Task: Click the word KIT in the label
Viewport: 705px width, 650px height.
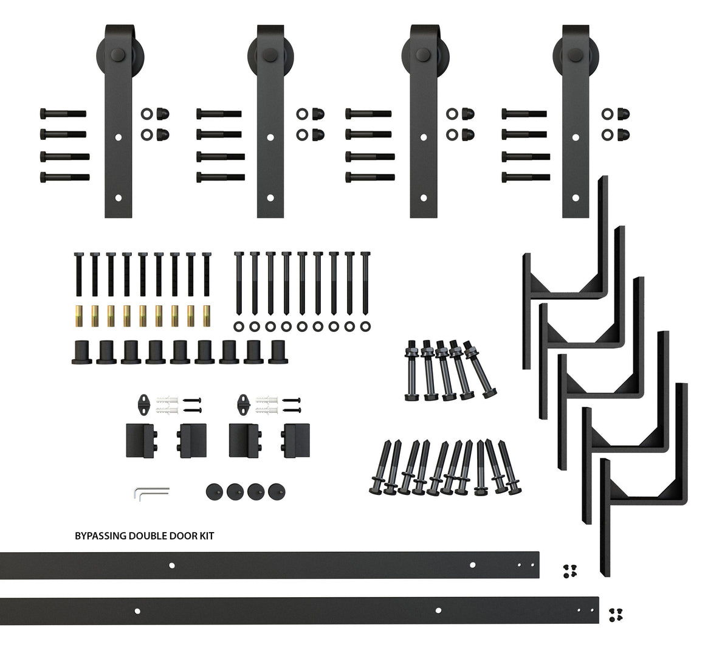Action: pos(207,536)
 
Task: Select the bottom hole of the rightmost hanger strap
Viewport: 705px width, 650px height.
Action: pos(576,197)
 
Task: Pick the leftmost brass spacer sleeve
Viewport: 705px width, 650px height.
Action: pos(78,316)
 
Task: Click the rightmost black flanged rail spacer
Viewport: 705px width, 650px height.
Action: pos(278,351)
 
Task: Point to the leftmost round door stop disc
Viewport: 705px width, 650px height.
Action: pos(215,491)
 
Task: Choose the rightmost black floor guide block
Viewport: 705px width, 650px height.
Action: pos(295,440)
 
